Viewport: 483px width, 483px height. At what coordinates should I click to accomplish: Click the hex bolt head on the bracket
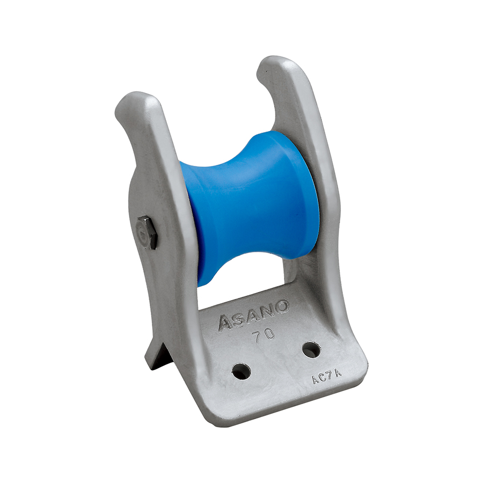pyautogui.click(x=148, y=232)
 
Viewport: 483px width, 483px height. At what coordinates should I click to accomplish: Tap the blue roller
pyautogui.click(x=250, y=207)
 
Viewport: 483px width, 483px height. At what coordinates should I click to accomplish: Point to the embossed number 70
pyautogui.click(x=263, y=335)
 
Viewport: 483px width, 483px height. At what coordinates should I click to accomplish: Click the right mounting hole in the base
pyautogui.click(x=311, y=349)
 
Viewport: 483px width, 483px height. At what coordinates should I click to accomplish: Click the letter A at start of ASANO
pyautogui.click(x=225, y=324)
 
